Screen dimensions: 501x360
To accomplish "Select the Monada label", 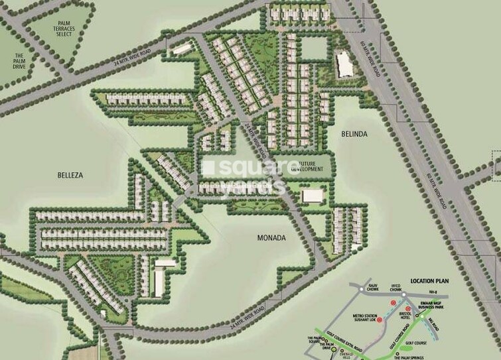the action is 271,237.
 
